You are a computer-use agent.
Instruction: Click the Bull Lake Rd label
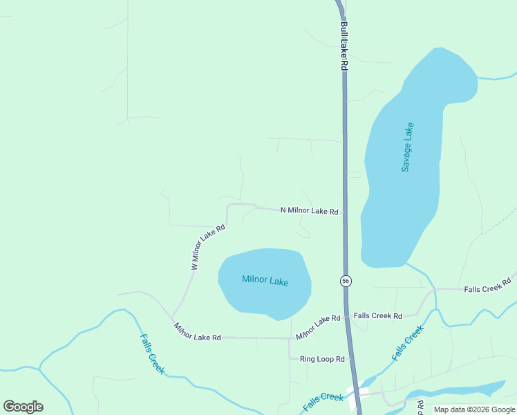pos(344,46)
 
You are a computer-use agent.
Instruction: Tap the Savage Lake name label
pos(408,147)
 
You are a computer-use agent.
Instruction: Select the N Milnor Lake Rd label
pos(309,210)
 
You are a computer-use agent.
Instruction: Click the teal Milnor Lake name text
pos(265,281)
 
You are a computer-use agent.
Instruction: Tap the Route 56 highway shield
pos(346,281)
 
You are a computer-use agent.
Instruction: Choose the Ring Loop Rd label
pos(322,359)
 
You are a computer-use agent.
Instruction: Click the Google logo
pos(23,407)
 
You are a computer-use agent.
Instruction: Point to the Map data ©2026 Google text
pos(473,409)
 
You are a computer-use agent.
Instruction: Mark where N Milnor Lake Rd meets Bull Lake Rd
pos(344,212)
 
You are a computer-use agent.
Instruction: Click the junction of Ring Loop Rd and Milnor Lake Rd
pos(290,339)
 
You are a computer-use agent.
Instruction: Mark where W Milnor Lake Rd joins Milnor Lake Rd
pos(171,318)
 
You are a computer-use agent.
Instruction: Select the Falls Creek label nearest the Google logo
pos(152,354)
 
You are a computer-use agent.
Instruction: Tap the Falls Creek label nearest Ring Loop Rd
pos(323,400)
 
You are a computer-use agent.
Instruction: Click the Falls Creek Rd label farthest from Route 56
pos(487,285)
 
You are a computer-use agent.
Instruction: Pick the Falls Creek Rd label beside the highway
pos(377,316)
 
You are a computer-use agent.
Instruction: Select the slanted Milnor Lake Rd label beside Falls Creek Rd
pos(318,327)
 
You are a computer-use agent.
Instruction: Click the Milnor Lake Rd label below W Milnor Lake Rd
pos(198,332)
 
